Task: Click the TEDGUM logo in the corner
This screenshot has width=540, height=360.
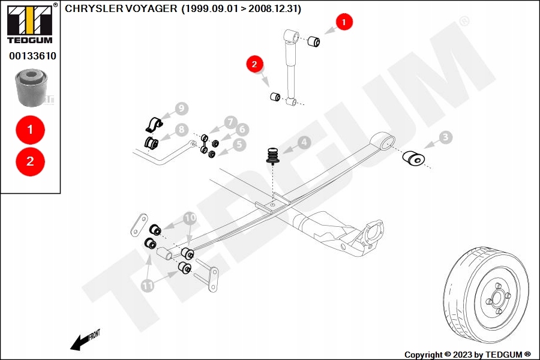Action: click(x=29, y=23)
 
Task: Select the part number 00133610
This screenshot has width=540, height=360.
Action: click(x=32, y=56)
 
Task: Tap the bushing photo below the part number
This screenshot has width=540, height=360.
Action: click(x=29, y=88)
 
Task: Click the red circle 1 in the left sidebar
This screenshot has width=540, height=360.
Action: click(x=31, y=129)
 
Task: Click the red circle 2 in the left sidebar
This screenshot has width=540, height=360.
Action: click(x=31, y=161)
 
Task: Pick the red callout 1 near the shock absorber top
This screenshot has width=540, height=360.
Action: click(x=344, y=23)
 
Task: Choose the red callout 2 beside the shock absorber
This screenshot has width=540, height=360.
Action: click(x=254, y=63)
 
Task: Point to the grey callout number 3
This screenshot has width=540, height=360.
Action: click(x=445, y=137)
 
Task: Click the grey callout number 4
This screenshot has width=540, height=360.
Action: click(x=304, y=142)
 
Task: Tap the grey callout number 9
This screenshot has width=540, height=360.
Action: click(x=181, y=109)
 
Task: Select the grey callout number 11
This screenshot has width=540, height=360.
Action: click(x=148, y=286)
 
